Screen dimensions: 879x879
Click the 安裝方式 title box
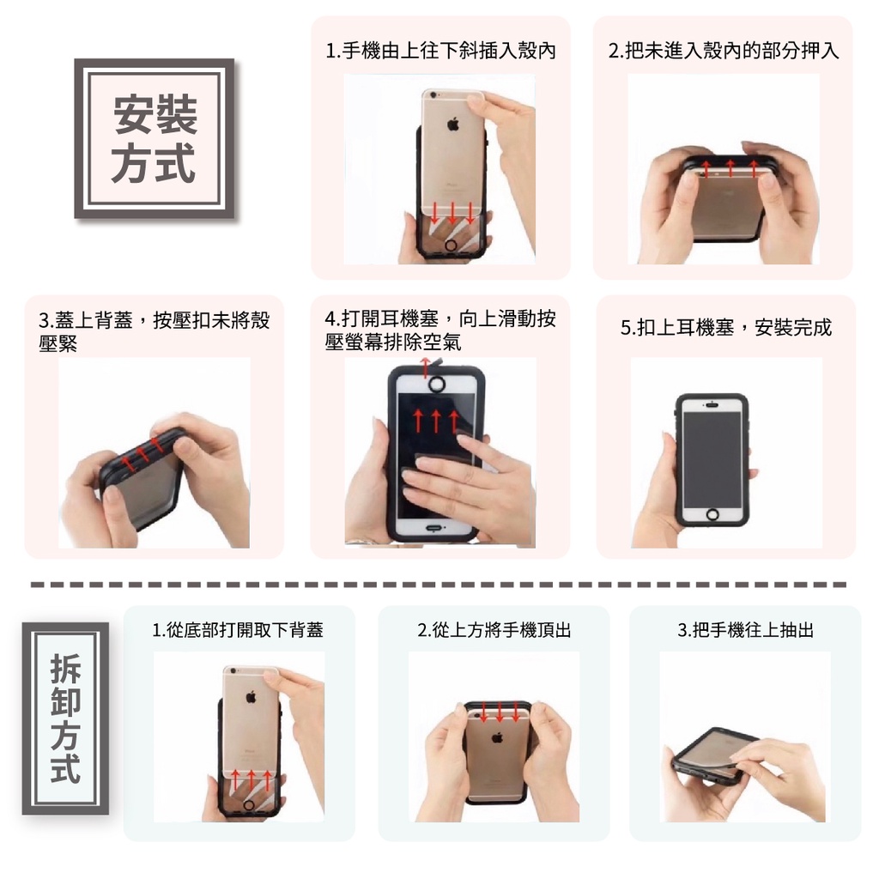click(155, 138)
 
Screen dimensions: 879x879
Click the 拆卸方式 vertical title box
click(65, 718)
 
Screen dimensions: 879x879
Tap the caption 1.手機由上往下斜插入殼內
click(440, 51)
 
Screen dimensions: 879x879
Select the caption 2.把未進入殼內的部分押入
click(723, 51)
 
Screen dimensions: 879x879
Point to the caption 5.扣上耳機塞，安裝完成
click(726, 327)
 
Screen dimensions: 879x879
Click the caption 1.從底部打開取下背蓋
click(239, 630)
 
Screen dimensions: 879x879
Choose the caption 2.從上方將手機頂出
click(494, 630)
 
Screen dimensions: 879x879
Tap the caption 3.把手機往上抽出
click(746, 630)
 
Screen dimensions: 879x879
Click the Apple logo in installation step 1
click(453, 124)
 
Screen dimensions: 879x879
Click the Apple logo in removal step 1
click(252, 697)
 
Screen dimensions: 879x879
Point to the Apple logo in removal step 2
click(497, 737)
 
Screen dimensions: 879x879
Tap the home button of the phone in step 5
click(712, 514)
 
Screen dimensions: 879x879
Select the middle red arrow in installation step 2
click(730, 167)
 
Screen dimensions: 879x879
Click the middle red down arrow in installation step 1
click(452, 211)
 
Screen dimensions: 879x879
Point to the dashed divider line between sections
click(439, 585)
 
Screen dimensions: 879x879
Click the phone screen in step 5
click(712, 459)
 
